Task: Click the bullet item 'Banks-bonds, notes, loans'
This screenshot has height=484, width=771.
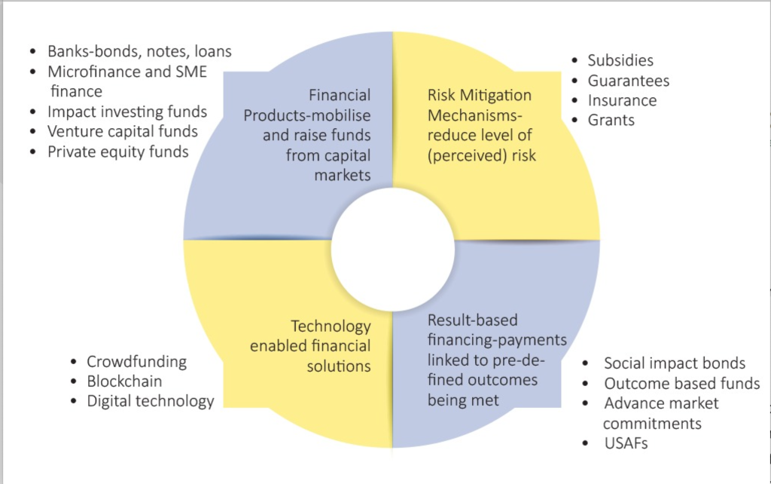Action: coord(139,52)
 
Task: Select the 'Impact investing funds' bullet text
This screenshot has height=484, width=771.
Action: coord(126,112)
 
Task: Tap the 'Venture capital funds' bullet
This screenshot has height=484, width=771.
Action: coord(123,131)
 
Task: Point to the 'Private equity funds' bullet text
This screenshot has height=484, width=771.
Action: coord(118,152)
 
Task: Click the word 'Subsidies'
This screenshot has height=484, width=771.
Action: coord(620,60)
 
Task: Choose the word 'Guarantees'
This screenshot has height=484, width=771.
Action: coord(629,80)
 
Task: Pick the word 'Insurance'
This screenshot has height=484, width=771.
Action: coord(623,100)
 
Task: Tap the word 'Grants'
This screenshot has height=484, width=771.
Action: coord(611,120)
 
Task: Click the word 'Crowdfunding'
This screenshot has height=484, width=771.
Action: coord(137,362)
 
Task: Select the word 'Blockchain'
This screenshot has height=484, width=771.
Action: coord(124,381)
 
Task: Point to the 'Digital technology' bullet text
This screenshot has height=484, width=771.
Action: coord(151,401)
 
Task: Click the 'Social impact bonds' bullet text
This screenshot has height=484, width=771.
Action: coord(675,363)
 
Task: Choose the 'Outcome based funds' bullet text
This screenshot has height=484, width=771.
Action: coord(682,384)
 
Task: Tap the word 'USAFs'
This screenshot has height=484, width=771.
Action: coord(626,443)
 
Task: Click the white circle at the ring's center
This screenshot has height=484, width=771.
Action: coord(393,250)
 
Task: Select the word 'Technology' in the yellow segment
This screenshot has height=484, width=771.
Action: coord(331,326)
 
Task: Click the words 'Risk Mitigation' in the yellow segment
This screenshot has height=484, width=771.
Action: coord(480,95)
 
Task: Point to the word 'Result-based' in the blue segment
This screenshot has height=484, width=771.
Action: coord(473,320)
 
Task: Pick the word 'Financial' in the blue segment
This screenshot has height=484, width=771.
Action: coord(340,95)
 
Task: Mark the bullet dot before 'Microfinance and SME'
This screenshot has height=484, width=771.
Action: coord(33,72)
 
